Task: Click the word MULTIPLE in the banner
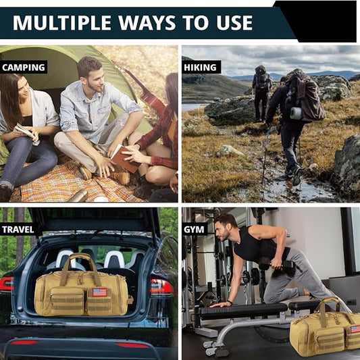point(61,23)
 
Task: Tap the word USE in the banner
point(234,23)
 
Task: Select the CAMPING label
point(24,68)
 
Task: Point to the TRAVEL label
point(18,230)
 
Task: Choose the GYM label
point(194,230)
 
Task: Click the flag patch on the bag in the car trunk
point(100,292)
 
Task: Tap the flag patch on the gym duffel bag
point(355,329)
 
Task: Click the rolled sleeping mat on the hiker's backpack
point(296,113)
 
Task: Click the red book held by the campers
point(124,159)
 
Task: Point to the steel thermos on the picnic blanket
point(78,196)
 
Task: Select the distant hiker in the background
point(261,93)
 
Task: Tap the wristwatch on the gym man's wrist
point(230,303)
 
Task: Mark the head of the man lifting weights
point(225,227)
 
